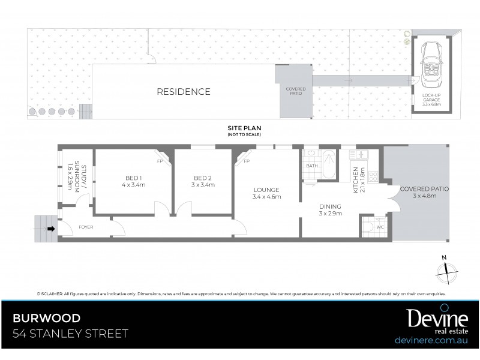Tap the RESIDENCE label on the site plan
pyautogui.click(x=184, y=92)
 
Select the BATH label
pyautogui.click(x=311, y=166)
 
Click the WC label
pyautogui.click(x=379, y=227)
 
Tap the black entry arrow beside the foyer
pyautogui.click(x=52, y=228)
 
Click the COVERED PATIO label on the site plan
pyautogui.click(x=295, y=91)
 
